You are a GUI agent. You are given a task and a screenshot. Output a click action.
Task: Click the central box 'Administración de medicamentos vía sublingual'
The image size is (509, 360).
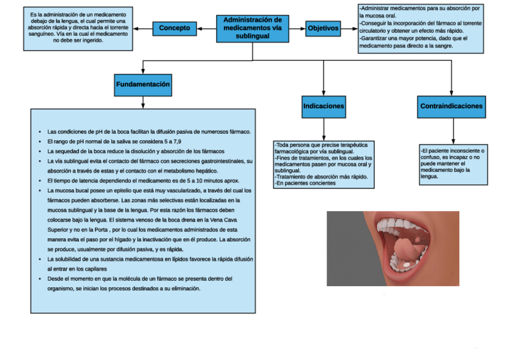click(x=252, y=28)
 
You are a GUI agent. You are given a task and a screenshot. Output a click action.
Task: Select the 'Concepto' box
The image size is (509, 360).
click(x=175, y=28)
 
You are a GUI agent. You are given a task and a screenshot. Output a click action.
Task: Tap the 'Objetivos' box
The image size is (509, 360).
click(x=323, y=28)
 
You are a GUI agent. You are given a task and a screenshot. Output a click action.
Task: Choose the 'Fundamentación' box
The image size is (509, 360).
click(x=143, y=85)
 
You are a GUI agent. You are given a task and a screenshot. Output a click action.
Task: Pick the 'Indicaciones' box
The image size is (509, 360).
click(x=324, y=106)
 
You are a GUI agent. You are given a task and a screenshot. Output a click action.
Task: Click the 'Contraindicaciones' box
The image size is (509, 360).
click(x=451, y=106)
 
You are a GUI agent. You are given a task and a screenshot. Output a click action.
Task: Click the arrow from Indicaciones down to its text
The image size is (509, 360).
click(x=324, y=128)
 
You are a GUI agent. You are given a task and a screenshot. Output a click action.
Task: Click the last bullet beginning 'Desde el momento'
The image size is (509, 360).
click(x=139, y=279)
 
